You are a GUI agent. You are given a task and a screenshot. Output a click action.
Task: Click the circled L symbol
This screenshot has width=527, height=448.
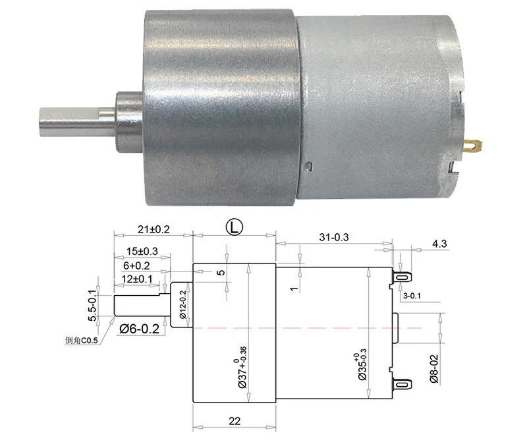234,227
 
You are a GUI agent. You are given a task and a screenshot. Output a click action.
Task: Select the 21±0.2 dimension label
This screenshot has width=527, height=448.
153,229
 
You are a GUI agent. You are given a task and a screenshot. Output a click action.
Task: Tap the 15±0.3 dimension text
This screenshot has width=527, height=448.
142,251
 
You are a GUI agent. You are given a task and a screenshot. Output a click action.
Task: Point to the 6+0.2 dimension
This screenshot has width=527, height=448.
136,266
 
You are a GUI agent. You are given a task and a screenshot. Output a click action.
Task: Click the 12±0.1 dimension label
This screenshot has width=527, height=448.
137,279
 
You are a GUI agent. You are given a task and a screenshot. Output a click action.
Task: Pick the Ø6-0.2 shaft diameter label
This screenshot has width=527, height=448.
139,328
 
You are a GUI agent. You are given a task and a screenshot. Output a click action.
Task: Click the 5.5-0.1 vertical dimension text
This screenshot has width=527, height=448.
92,305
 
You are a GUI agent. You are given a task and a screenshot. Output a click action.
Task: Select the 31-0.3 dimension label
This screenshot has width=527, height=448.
334,237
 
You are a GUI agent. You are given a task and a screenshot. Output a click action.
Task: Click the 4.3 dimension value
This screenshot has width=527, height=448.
439,244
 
